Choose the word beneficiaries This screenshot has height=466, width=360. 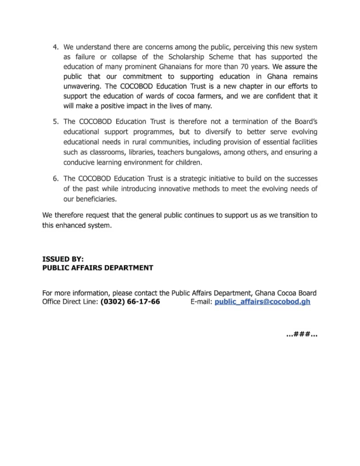pyautogui.click(x=90, y=199)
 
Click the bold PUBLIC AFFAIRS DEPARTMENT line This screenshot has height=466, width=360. pyautogui.click(x=97, y=268)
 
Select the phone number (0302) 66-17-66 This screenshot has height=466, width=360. pyautogui.click(x=130, y=302)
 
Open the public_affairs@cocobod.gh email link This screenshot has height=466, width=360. pyautogui.click(x=262, y=302)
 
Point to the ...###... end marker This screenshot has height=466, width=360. pyautogui.click(x=302, y=335)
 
